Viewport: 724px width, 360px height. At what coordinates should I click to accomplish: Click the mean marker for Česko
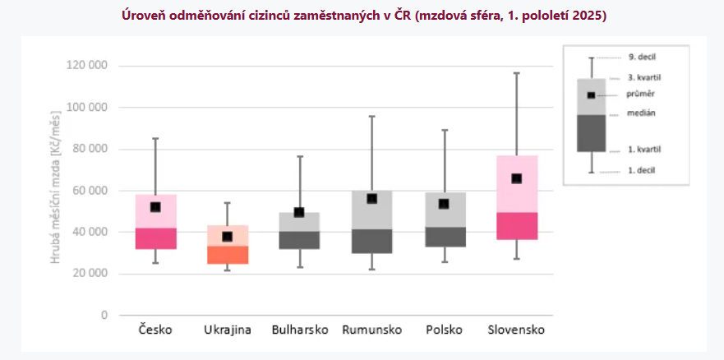[155, 207]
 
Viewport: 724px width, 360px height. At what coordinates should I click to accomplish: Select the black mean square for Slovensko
[516, 178]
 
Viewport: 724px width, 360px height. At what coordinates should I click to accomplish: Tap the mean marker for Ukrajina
[228, 237]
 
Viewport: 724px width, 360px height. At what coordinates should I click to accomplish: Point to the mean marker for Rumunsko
[371, 198]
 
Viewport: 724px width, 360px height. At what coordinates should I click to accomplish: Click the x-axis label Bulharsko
[300, 330]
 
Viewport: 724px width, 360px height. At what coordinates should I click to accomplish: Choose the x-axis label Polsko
[444, 330]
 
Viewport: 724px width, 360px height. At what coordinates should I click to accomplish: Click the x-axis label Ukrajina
[228, 330]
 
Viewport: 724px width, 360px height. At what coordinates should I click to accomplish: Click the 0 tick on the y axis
[104, 315]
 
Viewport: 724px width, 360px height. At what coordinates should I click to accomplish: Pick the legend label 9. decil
[643, 57]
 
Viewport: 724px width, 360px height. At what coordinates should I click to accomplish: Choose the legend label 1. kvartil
[644, 149]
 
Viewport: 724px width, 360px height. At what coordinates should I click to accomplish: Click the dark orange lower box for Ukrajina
[228, 255]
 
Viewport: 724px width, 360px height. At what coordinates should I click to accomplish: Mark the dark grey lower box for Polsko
[444, 237]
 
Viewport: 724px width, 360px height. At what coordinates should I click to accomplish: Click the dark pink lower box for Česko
[155, 238]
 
